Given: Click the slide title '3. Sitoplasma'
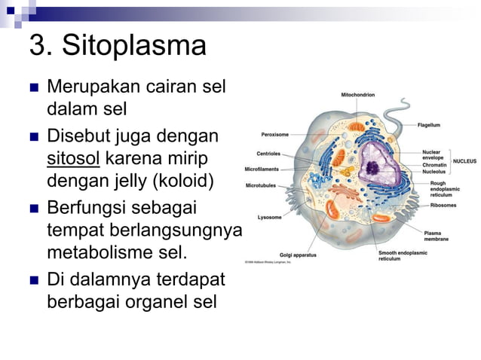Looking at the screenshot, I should pos(117,47).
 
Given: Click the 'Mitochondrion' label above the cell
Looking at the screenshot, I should pos(357,95).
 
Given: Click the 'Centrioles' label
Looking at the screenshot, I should pos(268,154).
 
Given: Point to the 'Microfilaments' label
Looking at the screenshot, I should pos(262,169).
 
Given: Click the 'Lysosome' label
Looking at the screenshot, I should pos(269,217).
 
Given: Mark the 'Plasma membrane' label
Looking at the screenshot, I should pos(437,236).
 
